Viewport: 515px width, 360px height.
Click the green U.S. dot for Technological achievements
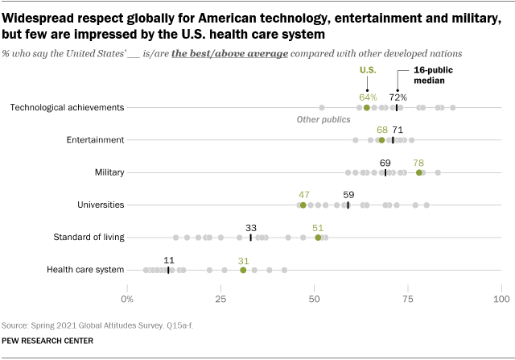(366, 107)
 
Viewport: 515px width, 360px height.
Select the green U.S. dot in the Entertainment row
(381, 139)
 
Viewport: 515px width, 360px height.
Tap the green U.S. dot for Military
(418, 172)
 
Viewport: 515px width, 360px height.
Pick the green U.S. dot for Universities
(303, 205)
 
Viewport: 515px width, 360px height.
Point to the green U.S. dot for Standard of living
(318, 238)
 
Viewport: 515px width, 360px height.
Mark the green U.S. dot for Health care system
(243, 270)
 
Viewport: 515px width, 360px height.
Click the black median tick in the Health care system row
(168, 270)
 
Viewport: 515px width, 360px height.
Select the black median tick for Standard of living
(250, 238)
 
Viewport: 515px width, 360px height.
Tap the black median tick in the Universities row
(348, 205)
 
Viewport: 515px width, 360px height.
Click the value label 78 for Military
(418, 162)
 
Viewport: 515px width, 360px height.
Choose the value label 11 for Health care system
(168, 259)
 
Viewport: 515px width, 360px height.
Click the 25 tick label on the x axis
(220, 300)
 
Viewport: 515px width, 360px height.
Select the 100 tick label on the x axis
(501, 300)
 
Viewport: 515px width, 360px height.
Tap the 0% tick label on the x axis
(127, 300)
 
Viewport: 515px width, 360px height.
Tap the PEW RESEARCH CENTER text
(48, 341)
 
